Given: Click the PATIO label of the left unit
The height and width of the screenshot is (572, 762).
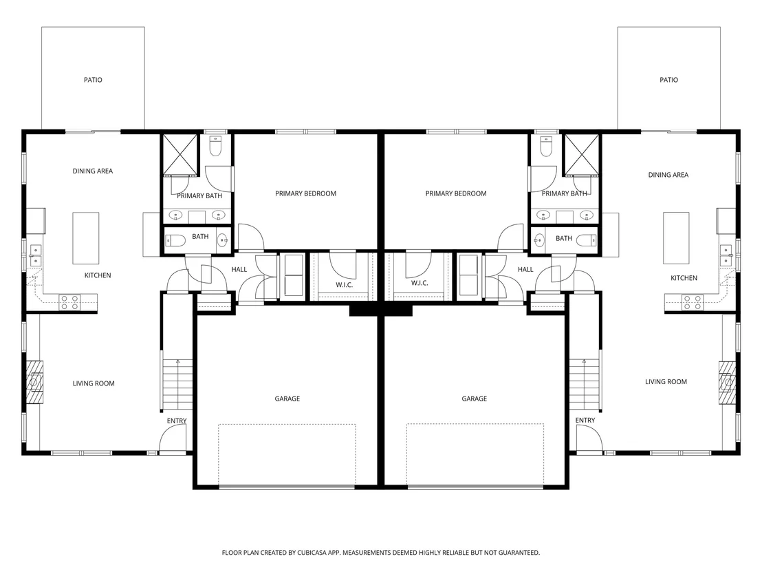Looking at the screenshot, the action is coord(93,80).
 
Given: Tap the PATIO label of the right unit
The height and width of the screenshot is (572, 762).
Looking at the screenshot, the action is coord(668,80).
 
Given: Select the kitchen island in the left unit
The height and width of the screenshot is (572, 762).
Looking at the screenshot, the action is coord(86,238).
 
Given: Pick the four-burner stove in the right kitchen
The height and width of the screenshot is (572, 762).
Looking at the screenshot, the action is coord(692,302).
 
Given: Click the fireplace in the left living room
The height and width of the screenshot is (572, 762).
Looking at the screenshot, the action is coord(34,382).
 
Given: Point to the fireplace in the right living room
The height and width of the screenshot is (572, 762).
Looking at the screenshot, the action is coord(728,382).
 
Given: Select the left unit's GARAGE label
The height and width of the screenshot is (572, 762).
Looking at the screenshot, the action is coord(287,399).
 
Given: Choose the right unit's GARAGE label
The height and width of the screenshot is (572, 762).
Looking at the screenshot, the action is coord(475,399).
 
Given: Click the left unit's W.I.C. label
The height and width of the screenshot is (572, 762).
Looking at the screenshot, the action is coord(344,285).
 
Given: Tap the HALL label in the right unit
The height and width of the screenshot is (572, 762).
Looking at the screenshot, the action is coord(525,269).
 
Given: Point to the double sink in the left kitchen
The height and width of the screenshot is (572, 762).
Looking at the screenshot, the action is coord(35,255).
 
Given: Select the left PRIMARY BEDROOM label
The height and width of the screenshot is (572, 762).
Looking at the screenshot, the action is coord(305,193).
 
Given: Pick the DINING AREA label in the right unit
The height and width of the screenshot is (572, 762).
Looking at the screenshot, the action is coord(668,175).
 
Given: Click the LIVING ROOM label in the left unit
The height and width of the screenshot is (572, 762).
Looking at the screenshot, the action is coord(94,384).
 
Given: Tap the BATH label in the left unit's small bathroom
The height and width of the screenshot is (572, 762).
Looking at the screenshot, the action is coord(200,237).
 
